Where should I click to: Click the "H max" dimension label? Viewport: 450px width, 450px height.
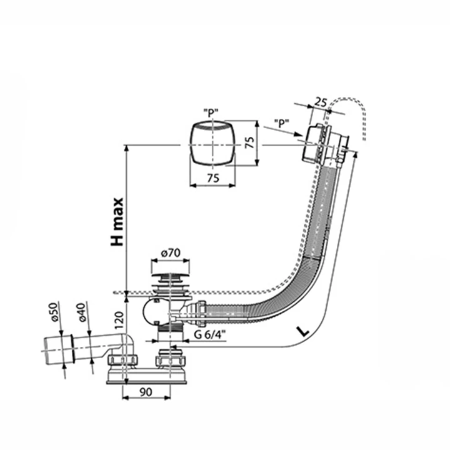pyautogui.click(x=117, y=222)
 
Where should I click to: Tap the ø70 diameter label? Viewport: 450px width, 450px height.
pyautogui.click(x=171, y=253)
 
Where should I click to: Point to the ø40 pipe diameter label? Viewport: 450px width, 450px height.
pyautogui.click(x=81, y=312)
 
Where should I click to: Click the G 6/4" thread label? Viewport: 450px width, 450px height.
pyautogui.click(x=210, y=334)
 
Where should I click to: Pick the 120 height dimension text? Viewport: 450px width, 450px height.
pyautogui.click(x=119, y=320)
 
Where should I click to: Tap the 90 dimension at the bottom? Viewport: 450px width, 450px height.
pyautogui.click(x=146, y=392)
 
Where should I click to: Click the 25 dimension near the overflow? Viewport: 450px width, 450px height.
pyautogui.click(x=321, y=102)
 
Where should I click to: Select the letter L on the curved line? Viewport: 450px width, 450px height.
pyautogui.click(x=303, y=332)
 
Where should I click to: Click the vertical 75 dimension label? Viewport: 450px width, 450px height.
pyautogui.click(x=250, y=142)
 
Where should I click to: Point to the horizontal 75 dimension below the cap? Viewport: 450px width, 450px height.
pyautogui.click(x=212, y=178)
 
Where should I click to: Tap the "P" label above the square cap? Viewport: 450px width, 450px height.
pyautogui.click(x=211, y=113)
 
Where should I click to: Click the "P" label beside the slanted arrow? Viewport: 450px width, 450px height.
pyautogui.click(x=281, y=123)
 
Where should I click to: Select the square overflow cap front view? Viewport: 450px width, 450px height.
pyautogui.click(x=212, y=144)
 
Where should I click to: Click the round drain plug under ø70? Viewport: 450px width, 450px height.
pyautogui.click(x=170, y=276)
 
